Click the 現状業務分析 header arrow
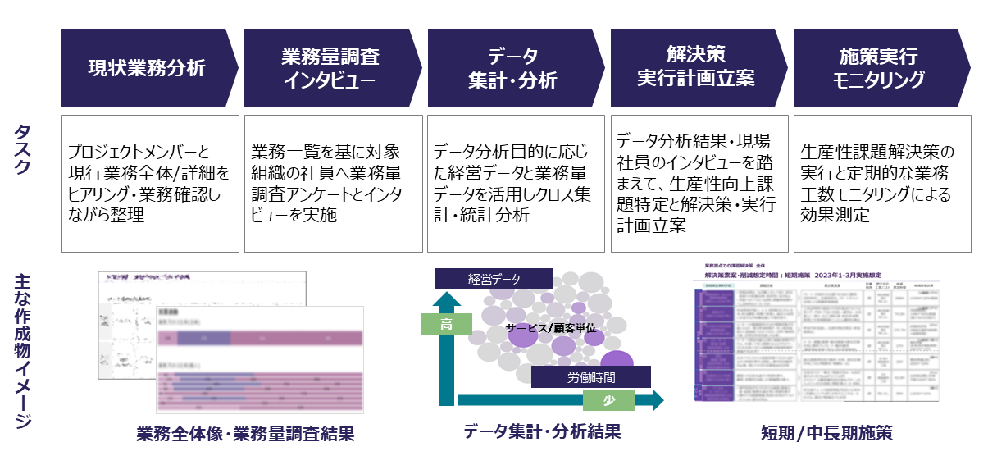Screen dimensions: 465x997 click(x=148, y=68)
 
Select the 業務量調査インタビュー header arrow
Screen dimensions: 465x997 click(x=330, y=68)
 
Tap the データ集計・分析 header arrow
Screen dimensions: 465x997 click(x=513, y=68)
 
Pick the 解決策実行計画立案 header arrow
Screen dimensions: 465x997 click(x=696, y=68)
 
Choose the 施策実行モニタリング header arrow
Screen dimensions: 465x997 click(x=879, y=68)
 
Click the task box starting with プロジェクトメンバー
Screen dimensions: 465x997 click(x=149, y=184)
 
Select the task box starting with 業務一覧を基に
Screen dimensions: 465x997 click(x=332, y=184)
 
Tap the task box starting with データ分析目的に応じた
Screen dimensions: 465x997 click(x=515, y=184)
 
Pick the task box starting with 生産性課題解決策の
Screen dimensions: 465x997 click(x=881, y=184)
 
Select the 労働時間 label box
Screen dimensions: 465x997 click(x=590, y=377)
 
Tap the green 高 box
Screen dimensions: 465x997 click(x=446, y=325)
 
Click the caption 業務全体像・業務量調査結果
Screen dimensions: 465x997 click(x=246, y=434)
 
